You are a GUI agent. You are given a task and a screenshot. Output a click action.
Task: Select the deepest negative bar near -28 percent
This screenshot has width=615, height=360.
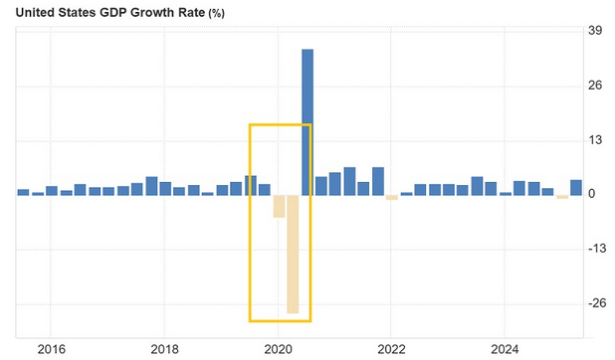click(293, 254)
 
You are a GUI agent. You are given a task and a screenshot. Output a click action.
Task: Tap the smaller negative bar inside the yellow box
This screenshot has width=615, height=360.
click(279, 206)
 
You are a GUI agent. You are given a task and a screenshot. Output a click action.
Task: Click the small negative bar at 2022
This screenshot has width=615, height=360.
click(392, 197)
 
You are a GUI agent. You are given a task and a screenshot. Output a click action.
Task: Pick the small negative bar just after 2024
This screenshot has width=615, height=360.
click(562, 197)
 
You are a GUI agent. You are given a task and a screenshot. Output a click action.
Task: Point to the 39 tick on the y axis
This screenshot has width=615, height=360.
click(595, 31)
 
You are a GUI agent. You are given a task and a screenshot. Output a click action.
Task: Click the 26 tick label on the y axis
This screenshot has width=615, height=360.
click(595, 86)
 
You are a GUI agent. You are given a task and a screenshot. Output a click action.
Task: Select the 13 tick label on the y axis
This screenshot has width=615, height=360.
click(595, 140)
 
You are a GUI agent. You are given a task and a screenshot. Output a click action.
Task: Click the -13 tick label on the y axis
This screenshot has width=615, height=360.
click(594, 249)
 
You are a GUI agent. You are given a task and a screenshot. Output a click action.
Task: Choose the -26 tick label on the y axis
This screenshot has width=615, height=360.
click(594, 303)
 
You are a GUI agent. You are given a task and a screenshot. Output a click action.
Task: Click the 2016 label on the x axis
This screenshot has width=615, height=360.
click(51, 349)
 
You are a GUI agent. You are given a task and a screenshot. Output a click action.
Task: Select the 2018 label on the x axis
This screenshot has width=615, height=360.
click(164, 349)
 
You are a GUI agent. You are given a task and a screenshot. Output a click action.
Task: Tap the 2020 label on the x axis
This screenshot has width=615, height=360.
click(278, 349)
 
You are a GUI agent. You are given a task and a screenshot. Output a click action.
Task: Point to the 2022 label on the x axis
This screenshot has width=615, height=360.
click(391, 349)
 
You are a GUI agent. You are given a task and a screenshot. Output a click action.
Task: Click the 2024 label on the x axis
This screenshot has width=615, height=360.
click(505, 349)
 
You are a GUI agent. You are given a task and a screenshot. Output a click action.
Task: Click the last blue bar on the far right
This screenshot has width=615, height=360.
click(576, 187)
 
